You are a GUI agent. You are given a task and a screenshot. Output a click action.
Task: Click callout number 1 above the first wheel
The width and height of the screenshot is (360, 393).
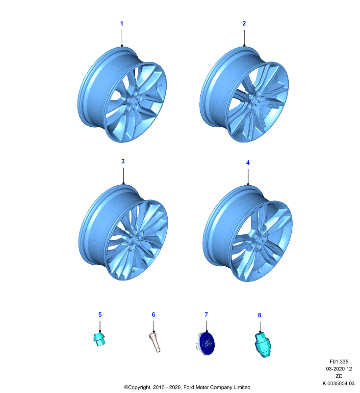coord(122,24)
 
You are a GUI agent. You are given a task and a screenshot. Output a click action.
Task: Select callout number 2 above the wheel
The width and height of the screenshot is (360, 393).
coord(244,23)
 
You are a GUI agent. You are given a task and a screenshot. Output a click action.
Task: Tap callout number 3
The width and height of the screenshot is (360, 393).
coord(123,161)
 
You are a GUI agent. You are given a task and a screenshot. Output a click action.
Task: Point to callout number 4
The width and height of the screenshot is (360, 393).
coord(248,163)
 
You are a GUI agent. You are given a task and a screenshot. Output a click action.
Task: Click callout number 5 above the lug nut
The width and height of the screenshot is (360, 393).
coord(100,314)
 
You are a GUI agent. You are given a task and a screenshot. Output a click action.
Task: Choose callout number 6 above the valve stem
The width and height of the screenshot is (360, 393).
coord(154,314)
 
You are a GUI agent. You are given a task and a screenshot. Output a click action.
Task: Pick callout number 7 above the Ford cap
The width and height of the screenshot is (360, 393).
coord(206,314)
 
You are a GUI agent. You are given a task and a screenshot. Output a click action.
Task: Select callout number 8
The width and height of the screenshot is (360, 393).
coord(259,315)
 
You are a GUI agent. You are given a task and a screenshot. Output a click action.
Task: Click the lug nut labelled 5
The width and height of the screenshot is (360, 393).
coord(100,339)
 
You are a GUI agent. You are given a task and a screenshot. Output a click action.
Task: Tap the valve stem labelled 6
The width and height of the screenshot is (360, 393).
coord(155,342)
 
